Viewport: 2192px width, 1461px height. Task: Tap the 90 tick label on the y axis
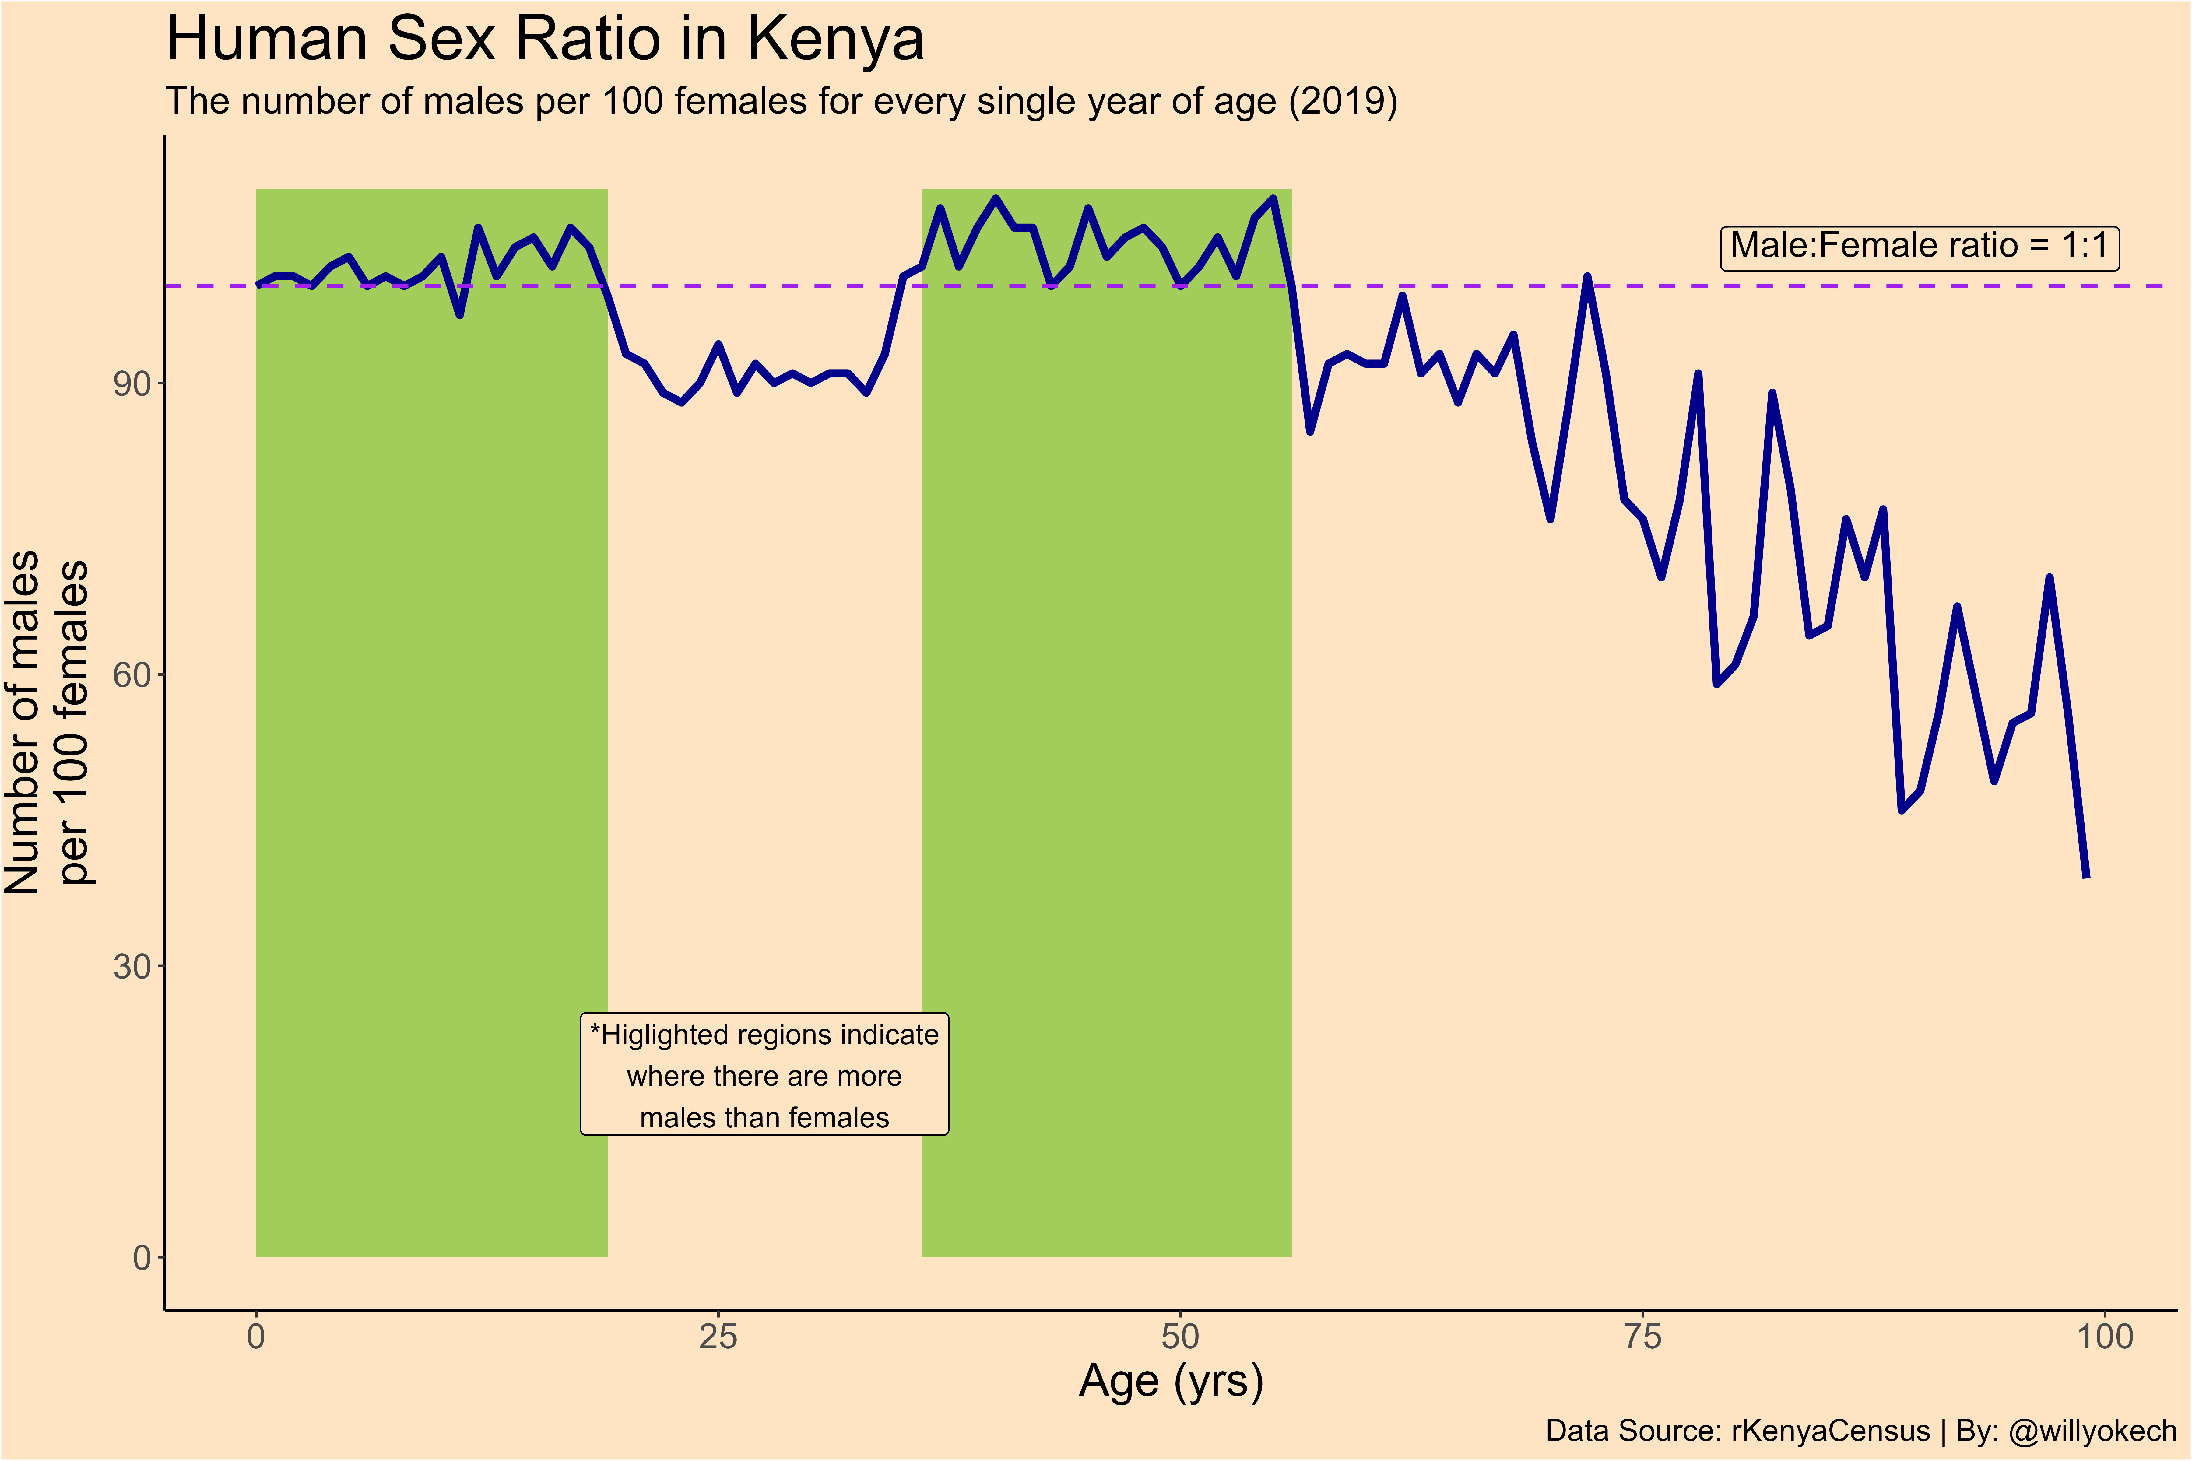[x=132, y=384]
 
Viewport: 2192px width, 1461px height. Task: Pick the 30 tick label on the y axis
[x=132, y=966]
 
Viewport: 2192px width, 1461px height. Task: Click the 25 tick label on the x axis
[x=718, y=1337]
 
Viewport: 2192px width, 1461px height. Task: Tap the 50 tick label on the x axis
[x=1180, y=1337]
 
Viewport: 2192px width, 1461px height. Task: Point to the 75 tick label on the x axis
[x=1642, y=1337]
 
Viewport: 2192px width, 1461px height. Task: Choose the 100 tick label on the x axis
[x=2104, y=1337]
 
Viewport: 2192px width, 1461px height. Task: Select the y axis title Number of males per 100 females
[x=47, y=722]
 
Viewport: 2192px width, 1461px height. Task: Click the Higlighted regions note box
[x=764, y=1074]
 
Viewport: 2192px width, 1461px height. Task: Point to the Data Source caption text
[x=1737, y=1430]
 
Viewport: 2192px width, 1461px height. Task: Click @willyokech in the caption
[x=2092, y=1430]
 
